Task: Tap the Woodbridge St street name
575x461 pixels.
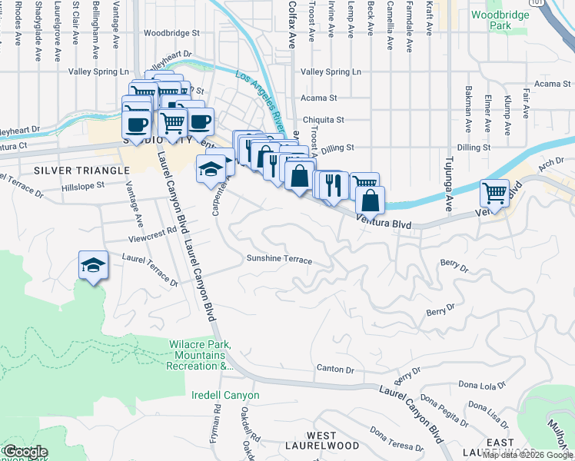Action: [171, 33]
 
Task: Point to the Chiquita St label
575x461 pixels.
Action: [323, 120]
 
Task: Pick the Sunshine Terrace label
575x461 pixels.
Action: [279, 260]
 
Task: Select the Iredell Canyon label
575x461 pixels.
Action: [225, 396]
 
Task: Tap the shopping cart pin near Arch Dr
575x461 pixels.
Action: [494, 192]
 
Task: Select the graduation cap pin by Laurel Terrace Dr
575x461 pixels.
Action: [93, 265]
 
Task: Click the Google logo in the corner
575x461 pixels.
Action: [25, 452]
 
